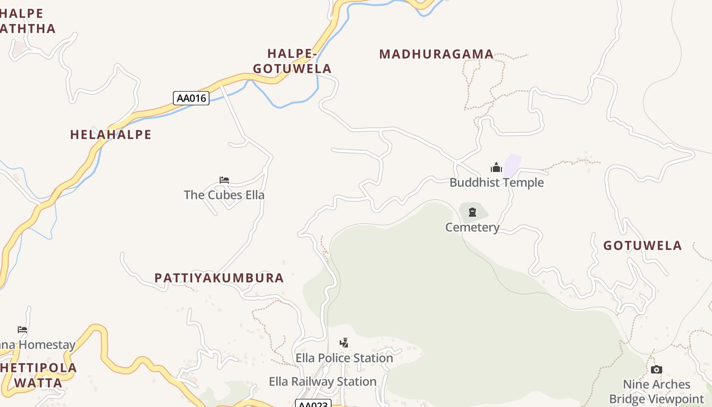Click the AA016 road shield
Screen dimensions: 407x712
pyautogui.click(x=191, y=98)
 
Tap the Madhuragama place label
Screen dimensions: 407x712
pyautogui.click(x=436, y=54)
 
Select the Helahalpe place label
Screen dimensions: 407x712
pyautogui.click(x=111, y=134)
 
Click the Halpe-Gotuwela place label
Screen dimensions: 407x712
pyautogui.click(x=292, y=61)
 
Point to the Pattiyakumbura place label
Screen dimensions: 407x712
pyautogui.click(x=219, y=278)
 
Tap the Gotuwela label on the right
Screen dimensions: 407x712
pyautogui.click(x=642, y=246)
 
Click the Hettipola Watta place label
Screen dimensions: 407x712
pyautogui.click(x=39, y=375)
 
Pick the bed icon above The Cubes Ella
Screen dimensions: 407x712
pyautogui.click(x=224, y=180)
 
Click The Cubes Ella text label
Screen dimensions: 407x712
pyautogui.click(x=224, y=195)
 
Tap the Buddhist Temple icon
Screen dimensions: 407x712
pyautogui.click(x=496, y=167)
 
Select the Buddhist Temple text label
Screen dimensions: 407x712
pyautogui.click(x=496, y=183)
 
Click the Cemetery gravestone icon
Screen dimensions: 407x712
pyautogui.click(x=472, y=212)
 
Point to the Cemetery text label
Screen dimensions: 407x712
pyautogui.click(x=472, y=227)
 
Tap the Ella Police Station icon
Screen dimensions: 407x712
pyautogui.click(x=344, y=343)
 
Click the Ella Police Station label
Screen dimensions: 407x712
pyautogui.click(x=344, y=358)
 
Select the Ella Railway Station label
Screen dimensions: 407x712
pyautogui.click(x=322, y=382)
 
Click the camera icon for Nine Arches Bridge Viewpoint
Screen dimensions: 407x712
pyautogui.click(x=657, y=369)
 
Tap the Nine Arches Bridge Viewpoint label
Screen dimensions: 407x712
pyautogui.click(x=657, y=392)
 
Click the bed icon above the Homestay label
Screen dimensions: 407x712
pyautogui.click(x=22, y=330)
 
